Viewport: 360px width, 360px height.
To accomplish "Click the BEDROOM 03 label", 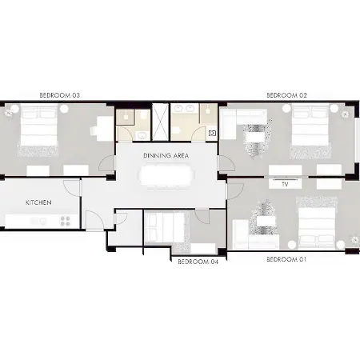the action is click(x=60, y=95).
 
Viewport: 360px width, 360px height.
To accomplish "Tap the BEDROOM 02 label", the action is click(x=286, y=95).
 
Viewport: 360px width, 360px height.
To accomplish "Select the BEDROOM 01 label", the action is click(x=286, y=259).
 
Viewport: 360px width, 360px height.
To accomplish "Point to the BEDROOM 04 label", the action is click(x=198, y=262).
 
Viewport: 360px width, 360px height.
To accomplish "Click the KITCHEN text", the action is click(x=38, y=202).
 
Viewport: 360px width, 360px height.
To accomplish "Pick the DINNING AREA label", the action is click(x=166, y=155).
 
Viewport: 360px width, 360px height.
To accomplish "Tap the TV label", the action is click(x=285, y=184).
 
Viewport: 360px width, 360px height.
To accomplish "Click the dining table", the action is click(x=166, y=176).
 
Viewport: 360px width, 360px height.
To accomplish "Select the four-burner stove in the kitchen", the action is click(x=66, y=221).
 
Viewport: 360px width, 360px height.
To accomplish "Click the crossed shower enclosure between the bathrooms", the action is click(x=160, y=122).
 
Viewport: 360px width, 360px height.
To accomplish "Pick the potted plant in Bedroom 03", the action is click(x=9, y=114).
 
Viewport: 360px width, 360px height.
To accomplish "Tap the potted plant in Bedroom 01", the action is click(x=354, y=240).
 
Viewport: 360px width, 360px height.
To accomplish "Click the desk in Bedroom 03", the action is click(x=106, y=129).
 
